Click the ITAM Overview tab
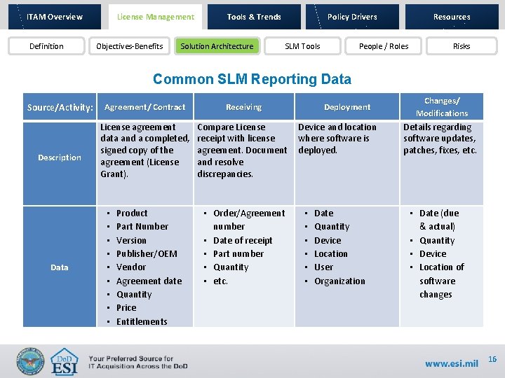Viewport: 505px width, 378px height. [x=54, y=17]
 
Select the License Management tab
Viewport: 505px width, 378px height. [x=155, y=17]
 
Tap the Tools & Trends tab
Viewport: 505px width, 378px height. [x=254, y=17]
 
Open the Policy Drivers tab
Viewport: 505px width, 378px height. [x=352, y=17]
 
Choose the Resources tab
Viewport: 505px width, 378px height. [x=452, y=17]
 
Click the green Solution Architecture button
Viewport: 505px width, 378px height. [x=217, y=46]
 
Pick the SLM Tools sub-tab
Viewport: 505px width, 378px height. [x=302, y=46]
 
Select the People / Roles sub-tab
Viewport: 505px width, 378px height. [x=383, y=46]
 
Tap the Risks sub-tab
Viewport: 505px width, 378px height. [x=462, y=46]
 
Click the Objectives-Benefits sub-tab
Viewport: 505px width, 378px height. [x=130, y=46]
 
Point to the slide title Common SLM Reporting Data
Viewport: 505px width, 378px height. [x=252, y=79]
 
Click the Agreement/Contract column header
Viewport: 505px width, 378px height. [x=144, y=107]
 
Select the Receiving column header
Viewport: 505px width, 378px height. [x=243, y=107]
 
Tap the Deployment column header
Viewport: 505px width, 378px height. [x=346, y=107]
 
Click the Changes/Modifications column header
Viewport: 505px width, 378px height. [x=442, y=107]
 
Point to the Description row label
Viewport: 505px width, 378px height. [x=60, y=157]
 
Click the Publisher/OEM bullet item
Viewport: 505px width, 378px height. [x=147, y=253]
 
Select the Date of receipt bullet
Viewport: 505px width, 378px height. [x=243, y=240]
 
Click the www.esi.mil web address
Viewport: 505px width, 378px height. [x=451, y=363]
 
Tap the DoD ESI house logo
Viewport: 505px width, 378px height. [x=65, y=361]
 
